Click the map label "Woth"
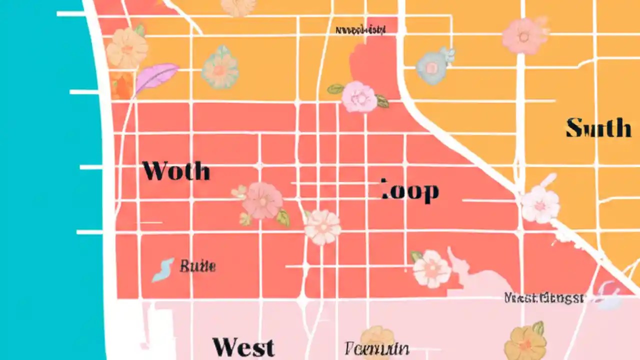176,171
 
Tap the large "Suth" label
598,128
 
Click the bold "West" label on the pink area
243,347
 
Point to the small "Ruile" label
197,266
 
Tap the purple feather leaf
156,77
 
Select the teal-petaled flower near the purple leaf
219,68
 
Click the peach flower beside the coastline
127,48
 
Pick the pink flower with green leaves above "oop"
359,96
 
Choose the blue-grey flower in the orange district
433,66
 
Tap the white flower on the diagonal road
540,204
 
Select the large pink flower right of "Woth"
262,201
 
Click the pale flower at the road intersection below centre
322,227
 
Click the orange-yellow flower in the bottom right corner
525,342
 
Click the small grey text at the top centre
360,30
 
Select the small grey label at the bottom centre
377,348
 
